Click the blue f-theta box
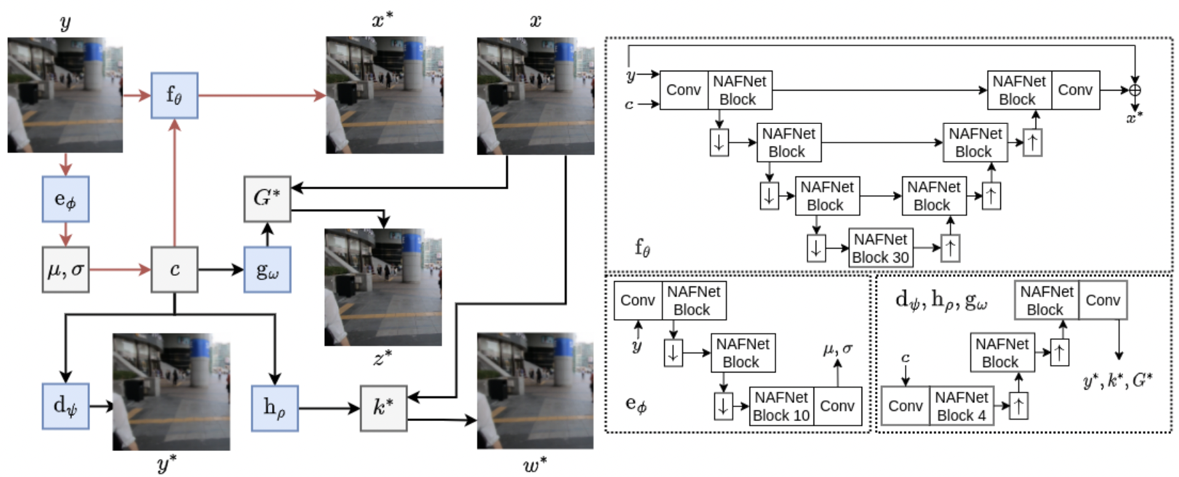tap(174, 96)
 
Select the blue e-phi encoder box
tap(65, 199)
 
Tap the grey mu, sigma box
tap(65, 270)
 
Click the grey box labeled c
tap(174, 270)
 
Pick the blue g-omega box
tap(267, 270)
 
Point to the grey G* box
tap(267, 199)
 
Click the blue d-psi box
tap(65, 406)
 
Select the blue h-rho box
tap(275, 408)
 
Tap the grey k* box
tap(383, 408)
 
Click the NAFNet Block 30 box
tap(880, 248)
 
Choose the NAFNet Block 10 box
tap(781, 406)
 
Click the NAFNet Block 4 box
tap(961, 406)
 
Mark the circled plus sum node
tap(1134, 90)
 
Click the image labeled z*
tap(383, 287)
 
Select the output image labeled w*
tap(535, 391)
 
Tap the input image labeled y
tap(65, 95)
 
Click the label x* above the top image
tap(382, 21)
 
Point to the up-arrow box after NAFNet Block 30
tap(950, 248)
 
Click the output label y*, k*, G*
tap(1118, 381)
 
